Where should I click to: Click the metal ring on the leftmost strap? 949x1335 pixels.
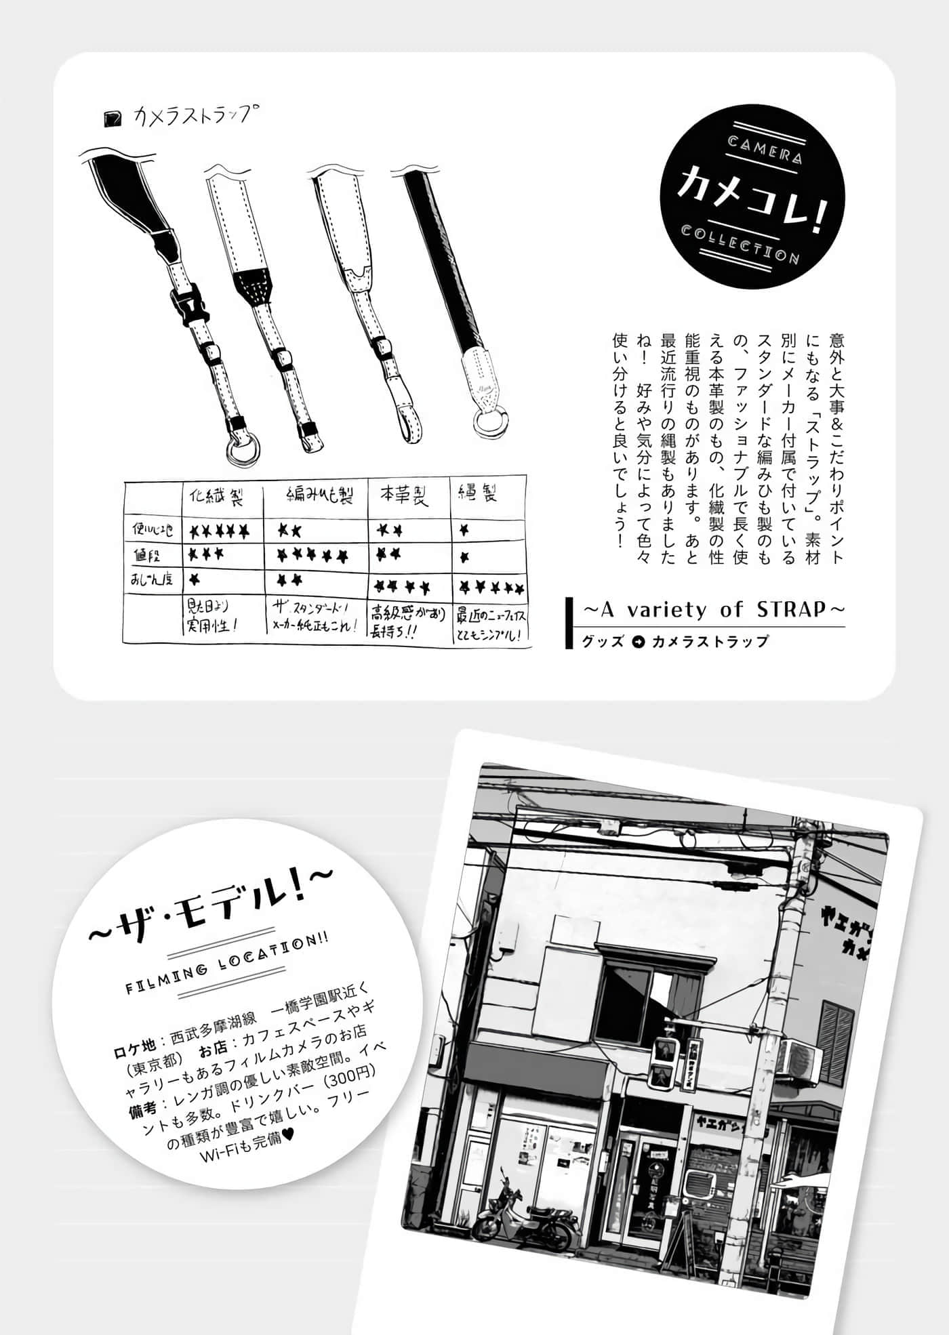[242, 448]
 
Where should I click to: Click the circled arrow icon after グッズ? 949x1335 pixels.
[637, 641]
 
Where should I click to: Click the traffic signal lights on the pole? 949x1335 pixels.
[663, 1065]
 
